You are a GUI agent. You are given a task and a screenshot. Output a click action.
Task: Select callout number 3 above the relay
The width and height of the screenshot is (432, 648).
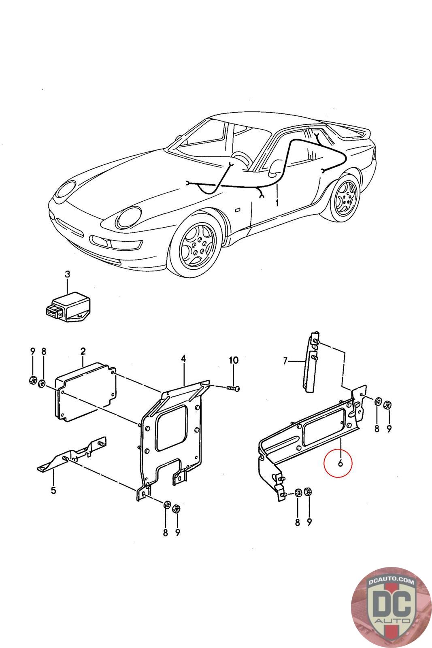(x=67, y=274)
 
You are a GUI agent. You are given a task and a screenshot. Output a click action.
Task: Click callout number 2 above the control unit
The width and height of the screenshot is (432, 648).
(x=83, y=351)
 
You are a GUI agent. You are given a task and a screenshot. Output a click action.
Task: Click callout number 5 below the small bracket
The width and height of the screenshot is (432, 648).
(x=53, y=491)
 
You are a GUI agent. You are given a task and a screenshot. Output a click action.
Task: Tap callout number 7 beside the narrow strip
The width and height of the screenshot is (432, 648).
(x=285, y=360)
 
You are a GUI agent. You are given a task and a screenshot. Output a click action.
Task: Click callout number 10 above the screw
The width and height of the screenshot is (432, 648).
(x=234, y=360)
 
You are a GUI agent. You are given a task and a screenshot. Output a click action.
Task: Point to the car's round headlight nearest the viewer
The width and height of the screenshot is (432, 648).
(x=128, y=217)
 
